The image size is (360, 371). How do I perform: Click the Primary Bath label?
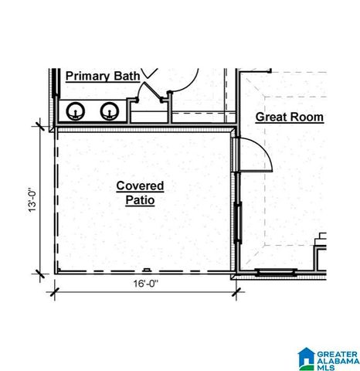point(102,76)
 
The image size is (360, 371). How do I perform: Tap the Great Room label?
point(290,117)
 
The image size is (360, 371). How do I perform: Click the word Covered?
point(140,185)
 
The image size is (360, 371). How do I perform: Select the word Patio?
point(140,200)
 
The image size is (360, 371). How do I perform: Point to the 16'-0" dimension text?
point(145,284)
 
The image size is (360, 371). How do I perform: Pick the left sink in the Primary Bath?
point(75,112)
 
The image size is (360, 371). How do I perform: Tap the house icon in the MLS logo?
point(306,357)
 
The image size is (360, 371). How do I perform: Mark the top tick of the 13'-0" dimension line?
point(36,124)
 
